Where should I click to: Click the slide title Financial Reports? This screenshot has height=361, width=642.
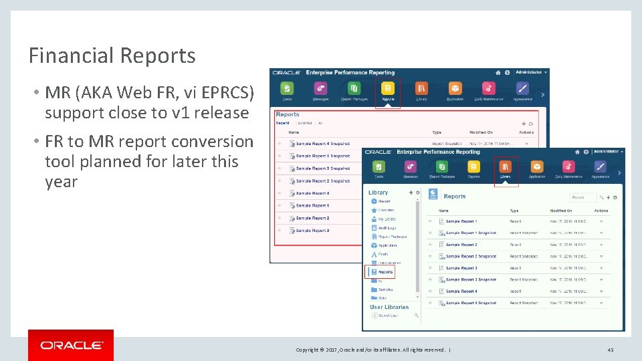click(x=112, y=55)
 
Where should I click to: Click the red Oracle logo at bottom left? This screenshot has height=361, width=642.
click(x=71, y=345)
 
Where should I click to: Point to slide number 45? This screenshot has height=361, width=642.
click(x=610, y=350)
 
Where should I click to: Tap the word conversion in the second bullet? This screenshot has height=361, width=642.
click(x=212, y=142)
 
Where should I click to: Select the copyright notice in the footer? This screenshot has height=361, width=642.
click(x=372, y=350)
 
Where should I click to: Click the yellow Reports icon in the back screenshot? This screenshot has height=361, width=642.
click(x=387, y=89)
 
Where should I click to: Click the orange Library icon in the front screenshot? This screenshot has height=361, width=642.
click(x=506, y=167)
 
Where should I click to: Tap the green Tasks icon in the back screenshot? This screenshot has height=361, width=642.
click(x=287, y=89)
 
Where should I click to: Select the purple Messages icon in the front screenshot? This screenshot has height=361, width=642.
click(x=409, y=167)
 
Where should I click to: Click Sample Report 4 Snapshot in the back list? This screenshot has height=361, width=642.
click(x=322, y=143)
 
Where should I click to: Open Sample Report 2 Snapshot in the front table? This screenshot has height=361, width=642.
click(x=471, y=256)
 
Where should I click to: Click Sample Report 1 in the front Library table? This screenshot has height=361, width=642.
click(x=461, y=221)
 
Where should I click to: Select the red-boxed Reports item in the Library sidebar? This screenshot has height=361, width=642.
click(x=385, y=272)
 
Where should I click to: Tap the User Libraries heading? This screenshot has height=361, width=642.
click(x=389, y=307)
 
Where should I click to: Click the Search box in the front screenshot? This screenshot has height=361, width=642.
click(x=583, y=197)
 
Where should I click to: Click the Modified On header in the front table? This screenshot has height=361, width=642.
click(x=561, y=211)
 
